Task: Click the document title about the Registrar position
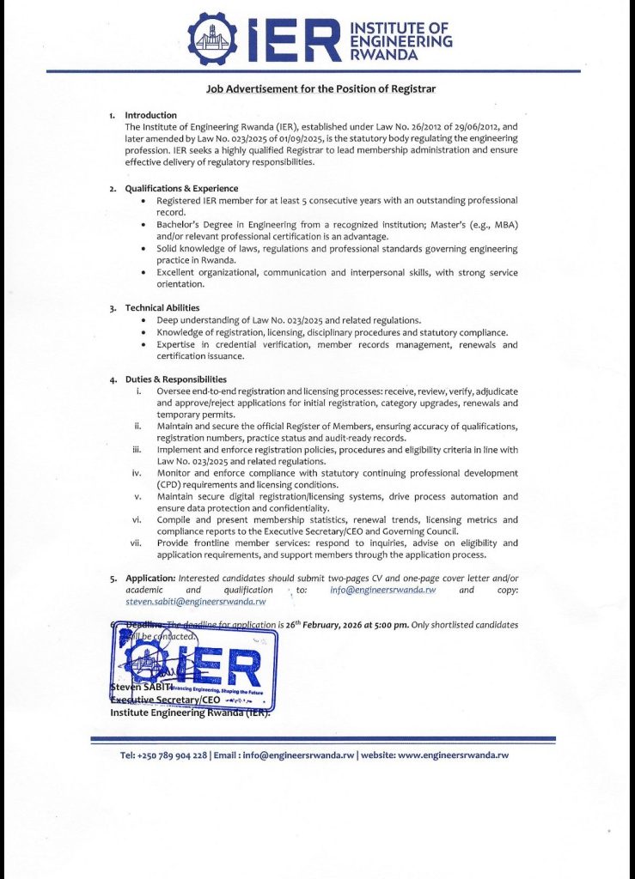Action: pyautogui.click(x=321, y=88)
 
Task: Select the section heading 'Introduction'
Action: pyautogui.click(x=151, y=115)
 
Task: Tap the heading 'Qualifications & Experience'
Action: pyautogui.click(x=181, y=189)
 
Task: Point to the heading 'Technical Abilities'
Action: pyautogui.click(x=162, y=307)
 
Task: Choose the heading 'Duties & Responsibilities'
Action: pyautogui.click(x=176, y=379)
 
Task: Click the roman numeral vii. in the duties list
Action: pyautogui.click(x=136, y=543)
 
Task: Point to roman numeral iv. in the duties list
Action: pyautogui.click(x=136, y=473)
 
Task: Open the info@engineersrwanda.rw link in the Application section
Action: pyautogui.click(x=383, y=591)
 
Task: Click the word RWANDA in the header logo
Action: pyautogui.click(x=385, y=54)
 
